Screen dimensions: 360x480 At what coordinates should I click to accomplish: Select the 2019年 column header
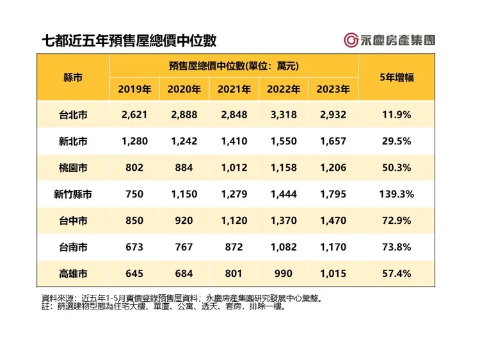[134, 90]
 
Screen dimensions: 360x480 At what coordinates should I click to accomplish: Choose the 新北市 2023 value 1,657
[333, 141]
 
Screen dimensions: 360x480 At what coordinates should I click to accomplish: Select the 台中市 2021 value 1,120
[234, 221]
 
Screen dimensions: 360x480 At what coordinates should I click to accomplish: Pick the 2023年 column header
[333, 90]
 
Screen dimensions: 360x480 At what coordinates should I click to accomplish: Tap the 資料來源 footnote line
[181, 297]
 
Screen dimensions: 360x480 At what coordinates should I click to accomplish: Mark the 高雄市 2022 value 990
[282, 274]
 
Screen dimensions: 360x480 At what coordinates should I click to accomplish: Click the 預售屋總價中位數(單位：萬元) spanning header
[234, 65]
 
